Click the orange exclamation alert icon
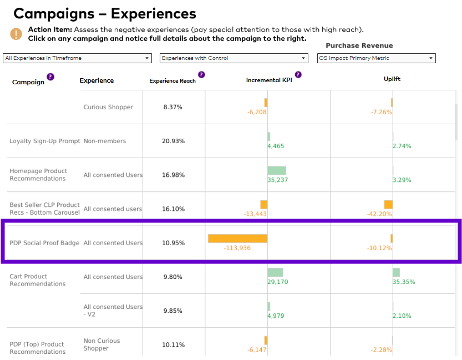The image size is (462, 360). click(16, 34)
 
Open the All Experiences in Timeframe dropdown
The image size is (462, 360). click(77, 58)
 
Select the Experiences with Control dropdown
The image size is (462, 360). click(233, 58)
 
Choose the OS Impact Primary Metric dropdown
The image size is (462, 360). click(376, 58)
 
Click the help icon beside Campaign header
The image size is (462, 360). click(50, 77)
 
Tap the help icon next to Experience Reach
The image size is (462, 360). click(201, 74)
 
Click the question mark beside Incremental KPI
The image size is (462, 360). click(298, 74)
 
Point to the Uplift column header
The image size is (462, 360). click(392, 79)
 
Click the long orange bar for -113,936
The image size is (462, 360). click(238, 239)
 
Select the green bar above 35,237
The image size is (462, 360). click(277, 171)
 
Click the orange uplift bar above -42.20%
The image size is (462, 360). click(388, 205)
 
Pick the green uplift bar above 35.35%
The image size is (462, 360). click(397, 272)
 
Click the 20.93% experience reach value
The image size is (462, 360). click(173, 141)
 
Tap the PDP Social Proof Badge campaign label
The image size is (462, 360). click(44, 243)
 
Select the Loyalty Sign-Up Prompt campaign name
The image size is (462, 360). click(45, 141)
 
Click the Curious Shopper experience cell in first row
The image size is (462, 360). click(108, 107)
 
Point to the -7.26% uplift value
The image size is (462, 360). click(381, 112)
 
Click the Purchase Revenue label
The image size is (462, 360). click(359, 45)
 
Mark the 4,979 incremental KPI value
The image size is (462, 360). click(276, 316)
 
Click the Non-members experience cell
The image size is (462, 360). click(105, 141)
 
